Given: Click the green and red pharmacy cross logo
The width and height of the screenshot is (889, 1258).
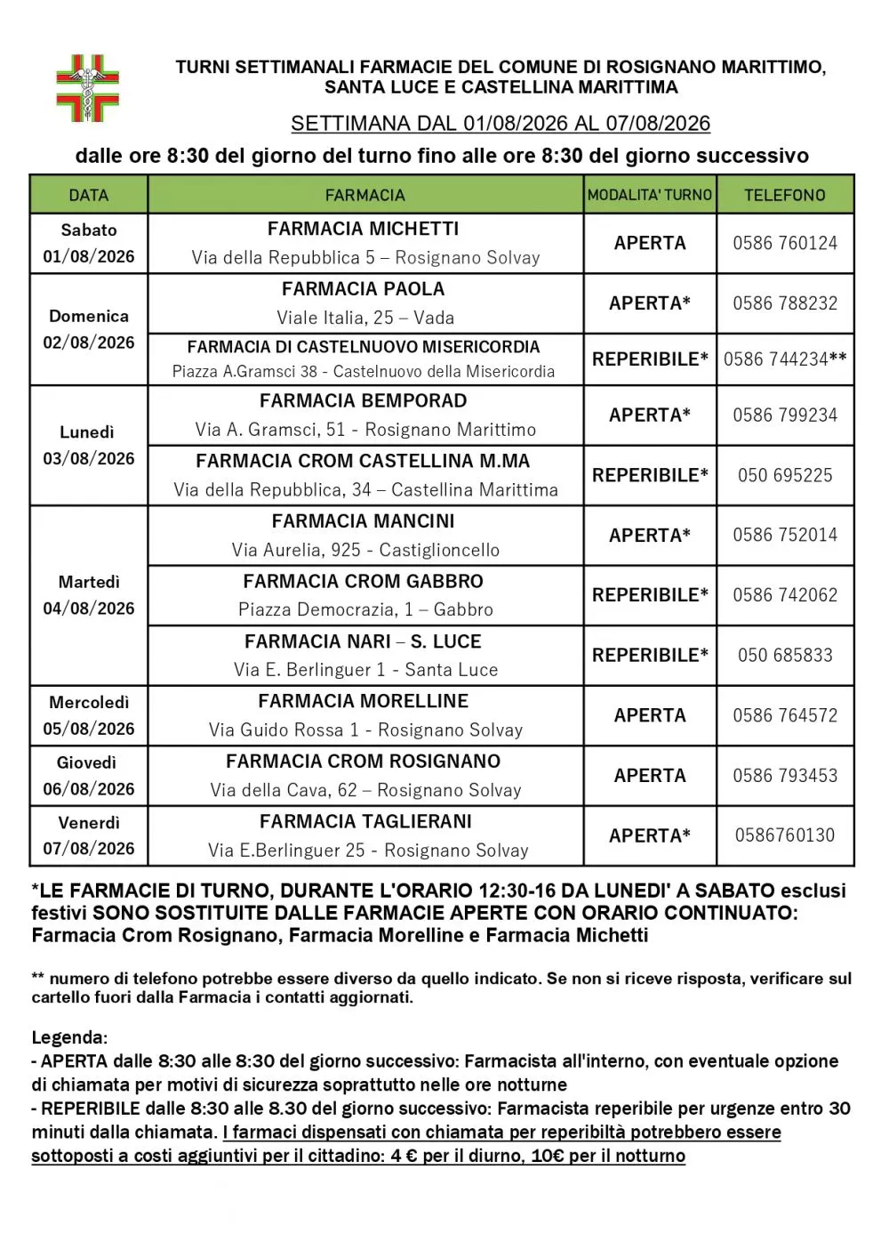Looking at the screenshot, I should (x=87, y=87).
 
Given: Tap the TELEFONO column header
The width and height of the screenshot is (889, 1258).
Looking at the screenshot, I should (x=784, y=195).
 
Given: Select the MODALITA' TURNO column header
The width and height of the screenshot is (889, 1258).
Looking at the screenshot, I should (x=650, y=195).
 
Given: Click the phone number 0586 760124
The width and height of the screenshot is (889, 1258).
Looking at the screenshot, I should (x=784, y=243).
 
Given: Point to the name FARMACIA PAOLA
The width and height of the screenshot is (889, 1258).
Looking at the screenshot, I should (x=363, y=289).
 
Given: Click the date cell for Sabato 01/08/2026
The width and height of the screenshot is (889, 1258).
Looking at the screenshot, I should (x=89, y=243).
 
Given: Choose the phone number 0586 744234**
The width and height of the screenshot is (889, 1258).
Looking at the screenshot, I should (x=784, y=359).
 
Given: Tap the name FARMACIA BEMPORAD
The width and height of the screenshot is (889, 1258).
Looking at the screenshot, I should (x=363, y=401).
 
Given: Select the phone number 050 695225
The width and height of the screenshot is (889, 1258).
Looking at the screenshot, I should (x=784, y=475).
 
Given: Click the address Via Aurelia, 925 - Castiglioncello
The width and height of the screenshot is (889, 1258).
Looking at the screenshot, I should (x=365, y=550).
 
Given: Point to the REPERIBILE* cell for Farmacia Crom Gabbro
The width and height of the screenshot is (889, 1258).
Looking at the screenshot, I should (x=650, y=595).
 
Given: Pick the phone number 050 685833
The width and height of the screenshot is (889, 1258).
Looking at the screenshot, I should (x=784, y=656).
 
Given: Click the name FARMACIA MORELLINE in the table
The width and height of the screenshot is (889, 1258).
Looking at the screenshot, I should (x=363, y=701).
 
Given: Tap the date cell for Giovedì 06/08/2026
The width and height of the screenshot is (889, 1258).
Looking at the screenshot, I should (x=89, y=776).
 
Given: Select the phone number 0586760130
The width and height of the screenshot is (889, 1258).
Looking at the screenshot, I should (x=784, y=835).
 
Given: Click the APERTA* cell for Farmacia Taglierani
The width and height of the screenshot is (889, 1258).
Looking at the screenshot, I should (x=650, y=835).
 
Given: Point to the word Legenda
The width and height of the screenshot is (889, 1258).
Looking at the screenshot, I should (x=68, y=1037).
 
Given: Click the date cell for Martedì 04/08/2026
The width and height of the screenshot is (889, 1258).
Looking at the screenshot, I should (x=89, y=595).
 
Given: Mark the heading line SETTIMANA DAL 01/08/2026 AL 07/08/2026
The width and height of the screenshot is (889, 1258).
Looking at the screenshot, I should (x=501, y=124).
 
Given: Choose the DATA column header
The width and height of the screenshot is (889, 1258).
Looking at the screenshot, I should (x=89, y=195).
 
